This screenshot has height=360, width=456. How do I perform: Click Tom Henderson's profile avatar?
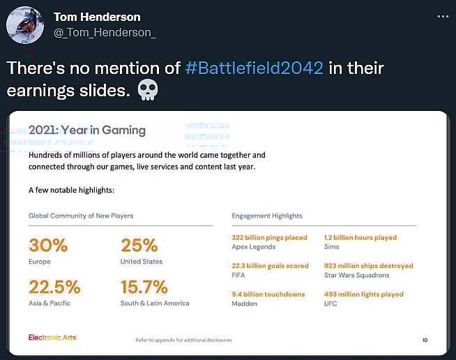click(x=26, y=25)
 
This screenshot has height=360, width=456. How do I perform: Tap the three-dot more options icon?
click(x=443, y=17)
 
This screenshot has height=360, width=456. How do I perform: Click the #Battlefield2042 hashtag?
click(x=254, y=69)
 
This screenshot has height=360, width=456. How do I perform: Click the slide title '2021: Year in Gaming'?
click(x=87, y=130)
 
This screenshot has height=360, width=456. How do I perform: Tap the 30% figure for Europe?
click(x=48, y=245)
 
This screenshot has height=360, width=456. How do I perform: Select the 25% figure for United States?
click(x=139, y=245)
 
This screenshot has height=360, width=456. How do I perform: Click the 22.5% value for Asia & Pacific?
click(x=54, y=287)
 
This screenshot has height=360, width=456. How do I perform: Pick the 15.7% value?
click(x=144, y=287)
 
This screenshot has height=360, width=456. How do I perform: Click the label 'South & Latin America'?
click(x=155, y=303)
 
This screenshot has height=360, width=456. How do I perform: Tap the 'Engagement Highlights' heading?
click(x=267, y=216)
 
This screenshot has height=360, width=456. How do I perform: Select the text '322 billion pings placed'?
click(x=269, y=238)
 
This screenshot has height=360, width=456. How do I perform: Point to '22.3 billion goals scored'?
click(x=270, y=266)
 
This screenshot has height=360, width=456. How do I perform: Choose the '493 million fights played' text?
click(x=363, y=294)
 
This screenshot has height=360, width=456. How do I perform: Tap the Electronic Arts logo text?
click(x=52, y=338)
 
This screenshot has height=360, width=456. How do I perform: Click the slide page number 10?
click(x=425, y=340)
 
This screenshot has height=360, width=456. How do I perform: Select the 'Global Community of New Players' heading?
click(x=81, y=216)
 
